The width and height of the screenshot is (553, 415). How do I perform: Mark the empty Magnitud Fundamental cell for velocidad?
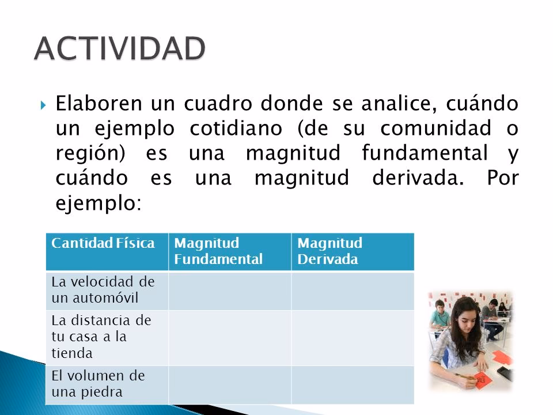point(229,291)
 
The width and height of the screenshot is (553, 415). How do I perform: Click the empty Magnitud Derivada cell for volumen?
point(353,383)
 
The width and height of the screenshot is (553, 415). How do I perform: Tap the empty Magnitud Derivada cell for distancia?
point(353,335)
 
